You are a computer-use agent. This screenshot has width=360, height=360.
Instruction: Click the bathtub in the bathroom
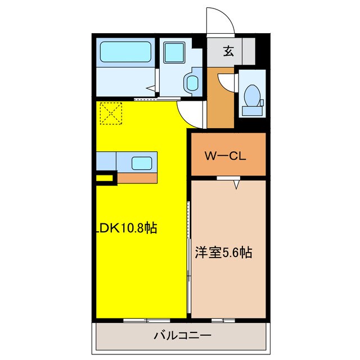tap(127, 53)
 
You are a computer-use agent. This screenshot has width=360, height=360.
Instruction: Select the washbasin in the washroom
tap(192, 83)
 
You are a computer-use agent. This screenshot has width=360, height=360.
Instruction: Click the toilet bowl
tap(251, 96)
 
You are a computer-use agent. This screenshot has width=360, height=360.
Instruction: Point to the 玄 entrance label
tap(229, 52)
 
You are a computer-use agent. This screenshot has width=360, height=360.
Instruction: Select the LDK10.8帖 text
tap(125, 228)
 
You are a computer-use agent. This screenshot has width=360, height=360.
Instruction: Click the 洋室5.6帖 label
tap(223, 253)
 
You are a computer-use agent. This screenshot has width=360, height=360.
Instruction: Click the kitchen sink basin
tap(141, 164)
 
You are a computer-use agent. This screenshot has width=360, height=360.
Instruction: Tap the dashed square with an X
tap(111, 113)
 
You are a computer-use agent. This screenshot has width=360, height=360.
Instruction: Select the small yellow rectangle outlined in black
tap(105, 180)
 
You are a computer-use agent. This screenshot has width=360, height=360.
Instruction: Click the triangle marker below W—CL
tap(237, 183)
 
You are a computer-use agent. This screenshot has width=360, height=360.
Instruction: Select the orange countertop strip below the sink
tap(137, 178)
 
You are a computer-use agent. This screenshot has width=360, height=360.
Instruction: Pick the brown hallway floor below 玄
tap(220, 107)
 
